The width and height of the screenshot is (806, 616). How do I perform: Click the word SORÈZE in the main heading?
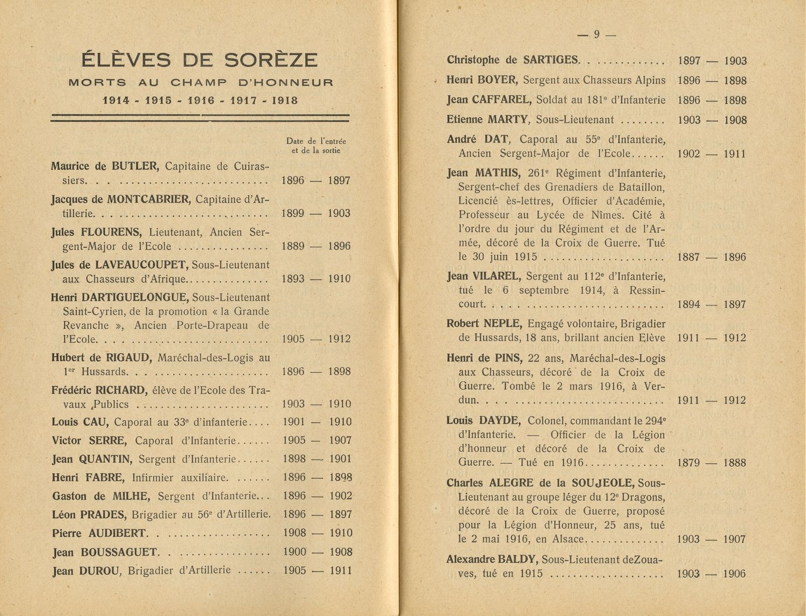coord(270,60)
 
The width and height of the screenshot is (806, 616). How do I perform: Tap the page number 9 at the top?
coord(596,34)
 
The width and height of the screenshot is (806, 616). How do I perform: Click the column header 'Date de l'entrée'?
coord(316,141)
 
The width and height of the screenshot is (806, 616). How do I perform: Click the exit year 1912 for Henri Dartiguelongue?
coord(339,339)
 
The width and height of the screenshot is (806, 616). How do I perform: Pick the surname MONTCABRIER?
coord(149,199)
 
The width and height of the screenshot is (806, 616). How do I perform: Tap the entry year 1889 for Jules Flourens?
coord(293,246)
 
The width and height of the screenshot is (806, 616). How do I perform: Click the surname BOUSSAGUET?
coord(119,552)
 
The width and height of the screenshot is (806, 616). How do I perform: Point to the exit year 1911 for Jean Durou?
coord(340,570)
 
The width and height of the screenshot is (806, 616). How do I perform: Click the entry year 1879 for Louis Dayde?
coord(688,462)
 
